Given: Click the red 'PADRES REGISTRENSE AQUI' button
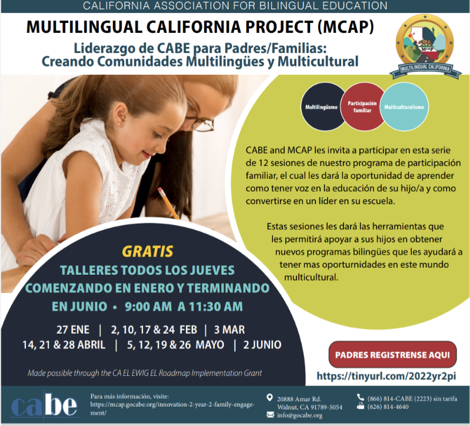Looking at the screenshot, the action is [x=393, y=355].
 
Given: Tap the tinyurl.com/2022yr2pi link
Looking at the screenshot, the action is [x=386, y=376].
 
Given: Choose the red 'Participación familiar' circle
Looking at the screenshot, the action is [x=362, y=106].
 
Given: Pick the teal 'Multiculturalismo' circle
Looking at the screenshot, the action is [x=405, y=106].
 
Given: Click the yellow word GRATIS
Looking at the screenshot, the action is [x=148, y=251].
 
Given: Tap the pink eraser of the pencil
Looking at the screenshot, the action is [x=161, y=191].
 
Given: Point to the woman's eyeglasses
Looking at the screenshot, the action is [x=200, y=119].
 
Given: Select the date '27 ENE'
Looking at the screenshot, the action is [x=73, y=330].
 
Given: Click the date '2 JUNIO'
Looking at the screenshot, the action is [x=262, y=345].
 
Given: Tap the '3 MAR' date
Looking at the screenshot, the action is [x=229, y=330].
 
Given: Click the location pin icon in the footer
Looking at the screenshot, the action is [x=270, y=398].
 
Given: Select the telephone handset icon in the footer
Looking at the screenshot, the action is [x=360, y=397].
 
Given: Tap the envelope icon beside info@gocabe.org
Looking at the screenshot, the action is [x=270, y=415].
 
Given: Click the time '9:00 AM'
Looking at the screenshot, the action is [x=148, y=307].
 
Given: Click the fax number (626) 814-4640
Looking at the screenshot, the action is [x=388, y=407].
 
